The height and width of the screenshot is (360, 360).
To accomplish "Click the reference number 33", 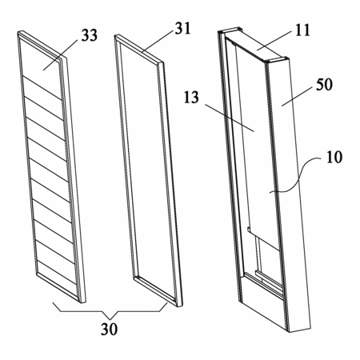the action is click(90, 35).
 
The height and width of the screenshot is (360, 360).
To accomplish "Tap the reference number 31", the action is click(182, 28).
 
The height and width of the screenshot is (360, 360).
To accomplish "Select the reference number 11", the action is click(302, 30).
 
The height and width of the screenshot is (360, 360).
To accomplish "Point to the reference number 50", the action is click(324, 85).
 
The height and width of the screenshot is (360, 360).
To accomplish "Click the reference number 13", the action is click(191, 98).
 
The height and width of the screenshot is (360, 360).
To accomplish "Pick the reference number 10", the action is click(334, 157).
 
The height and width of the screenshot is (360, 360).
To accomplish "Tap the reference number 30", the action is click(109, 329).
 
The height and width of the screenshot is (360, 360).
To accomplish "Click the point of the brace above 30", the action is click(110, 319).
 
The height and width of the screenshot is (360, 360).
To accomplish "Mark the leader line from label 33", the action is click(61, 55).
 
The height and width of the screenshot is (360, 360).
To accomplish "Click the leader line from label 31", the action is click(158, 41).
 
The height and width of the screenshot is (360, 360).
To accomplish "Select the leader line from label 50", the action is click(298, 96).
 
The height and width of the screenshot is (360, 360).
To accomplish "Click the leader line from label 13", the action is click(230, 118).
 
